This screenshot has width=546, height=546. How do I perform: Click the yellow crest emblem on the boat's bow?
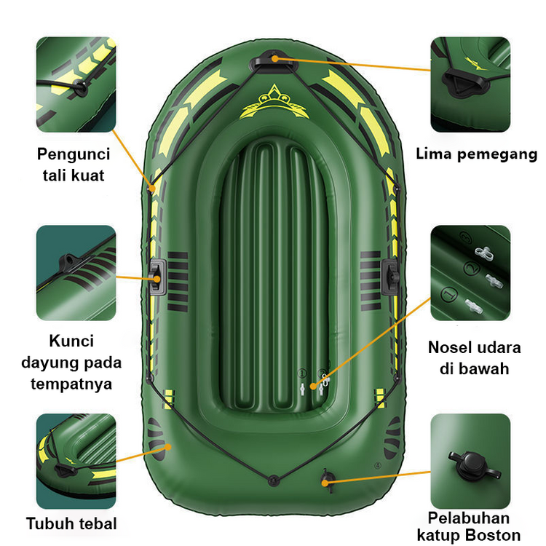click(x=274, y=102)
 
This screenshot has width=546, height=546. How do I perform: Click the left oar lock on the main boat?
click(x=158, y=277)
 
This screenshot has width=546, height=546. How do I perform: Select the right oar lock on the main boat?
click(x=390, y=277)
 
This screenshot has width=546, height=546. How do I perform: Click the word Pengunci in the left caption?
click(x=74, y=154)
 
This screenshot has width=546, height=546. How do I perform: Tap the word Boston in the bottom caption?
click(x=493, y=535)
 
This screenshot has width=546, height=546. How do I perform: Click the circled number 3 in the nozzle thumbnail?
click(x=466, y=238)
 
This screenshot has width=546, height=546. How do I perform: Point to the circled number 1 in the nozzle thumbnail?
click(x=449, y=295)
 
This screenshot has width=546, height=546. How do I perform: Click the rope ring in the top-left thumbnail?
click(x=80, y=87)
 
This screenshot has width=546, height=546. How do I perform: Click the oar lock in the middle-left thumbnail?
click(x=70, y=264)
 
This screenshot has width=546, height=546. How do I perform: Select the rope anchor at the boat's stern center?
click(x=274, y=480)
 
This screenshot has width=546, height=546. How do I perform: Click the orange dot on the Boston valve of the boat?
click(x=325, y=483)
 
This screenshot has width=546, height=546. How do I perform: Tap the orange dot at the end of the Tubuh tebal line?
click(x=168, y=447)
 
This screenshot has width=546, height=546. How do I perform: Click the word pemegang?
click(x=498, y=154)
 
